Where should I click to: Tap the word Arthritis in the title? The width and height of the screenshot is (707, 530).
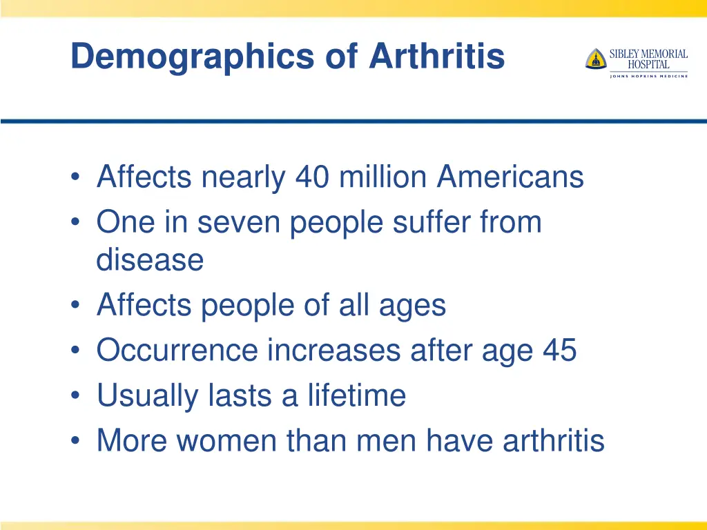click(x=436, y=57)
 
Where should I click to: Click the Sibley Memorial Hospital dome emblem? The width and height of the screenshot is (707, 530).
click(x=595, y=59)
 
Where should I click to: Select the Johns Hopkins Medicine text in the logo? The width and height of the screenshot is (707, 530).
click(x=648, y=76)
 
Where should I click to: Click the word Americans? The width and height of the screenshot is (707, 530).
click(x=510, y=177)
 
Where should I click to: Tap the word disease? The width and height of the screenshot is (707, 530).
click(x=150, y=260)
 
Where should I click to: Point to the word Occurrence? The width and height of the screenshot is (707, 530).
click(x=177, y=351)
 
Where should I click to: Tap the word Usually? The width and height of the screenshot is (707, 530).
click(x=141, y=395)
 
